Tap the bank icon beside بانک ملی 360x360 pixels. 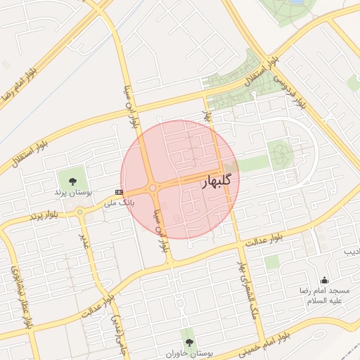(118, 191)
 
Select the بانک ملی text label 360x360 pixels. (118, 202)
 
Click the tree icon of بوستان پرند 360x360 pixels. (73, 181)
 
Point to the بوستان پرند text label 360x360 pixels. (73, 192)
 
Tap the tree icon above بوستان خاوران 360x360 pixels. (188, 335)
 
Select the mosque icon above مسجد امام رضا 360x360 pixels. (324, 281)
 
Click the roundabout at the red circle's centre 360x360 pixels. (152, 188)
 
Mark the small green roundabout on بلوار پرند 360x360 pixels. (80, 212)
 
